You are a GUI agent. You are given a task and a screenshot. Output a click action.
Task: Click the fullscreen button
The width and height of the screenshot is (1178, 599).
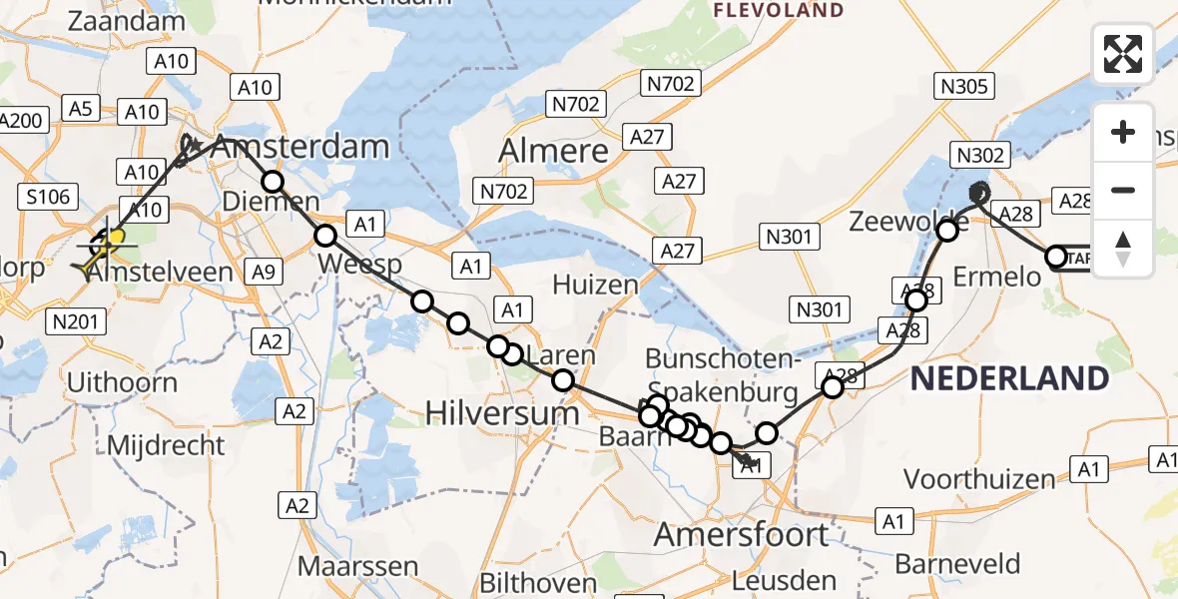click(x=1123, y=54)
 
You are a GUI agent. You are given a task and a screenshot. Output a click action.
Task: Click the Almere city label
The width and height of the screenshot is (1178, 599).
click(x=553, y=151)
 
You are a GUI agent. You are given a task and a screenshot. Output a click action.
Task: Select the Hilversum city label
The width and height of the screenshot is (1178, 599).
click(x=502, y=411)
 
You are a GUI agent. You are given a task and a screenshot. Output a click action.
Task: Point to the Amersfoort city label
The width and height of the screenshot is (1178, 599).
click(x=741, y=534)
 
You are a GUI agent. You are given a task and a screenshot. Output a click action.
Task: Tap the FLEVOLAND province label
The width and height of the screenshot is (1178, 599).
click(x=779, y=11)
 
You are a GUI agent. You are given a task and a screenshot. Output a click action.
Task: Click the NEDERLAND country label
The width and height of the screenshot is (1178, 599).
click(x=1009, y=378)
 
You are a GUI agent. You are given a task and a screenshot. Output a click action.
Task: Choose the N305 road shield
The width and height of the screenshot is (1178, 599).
click(x=964, y=86)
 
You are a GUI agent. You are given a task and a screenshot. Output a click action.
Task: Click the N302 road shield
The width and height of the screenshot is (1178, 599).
click(x=982, y=154)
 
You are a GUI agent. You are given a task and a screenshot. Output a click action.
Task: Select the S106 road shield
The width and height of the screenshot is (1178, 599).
click(x=48, y=197)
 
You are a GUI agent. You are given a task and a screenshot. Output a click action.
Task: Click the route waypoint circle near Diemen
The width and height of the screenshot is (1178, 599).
click(x=273, y=181)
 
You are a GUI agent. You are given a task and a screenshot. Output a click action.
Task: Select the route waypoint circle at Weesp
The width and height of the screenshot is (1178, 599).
click(x=325, y=236)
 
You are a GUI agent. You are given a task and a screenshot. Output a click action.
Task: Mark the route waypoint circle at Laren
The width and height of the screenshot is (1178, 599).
click(x=563, y=379)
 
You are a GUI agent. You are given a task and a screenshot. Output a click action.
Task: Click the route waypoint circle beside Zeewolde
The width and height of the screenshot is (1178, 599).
click(x=948, y=231)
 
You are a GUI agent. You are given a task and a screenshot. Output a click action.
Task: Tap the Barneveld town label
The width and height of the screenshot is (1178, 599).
click(x=943, y=563)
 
